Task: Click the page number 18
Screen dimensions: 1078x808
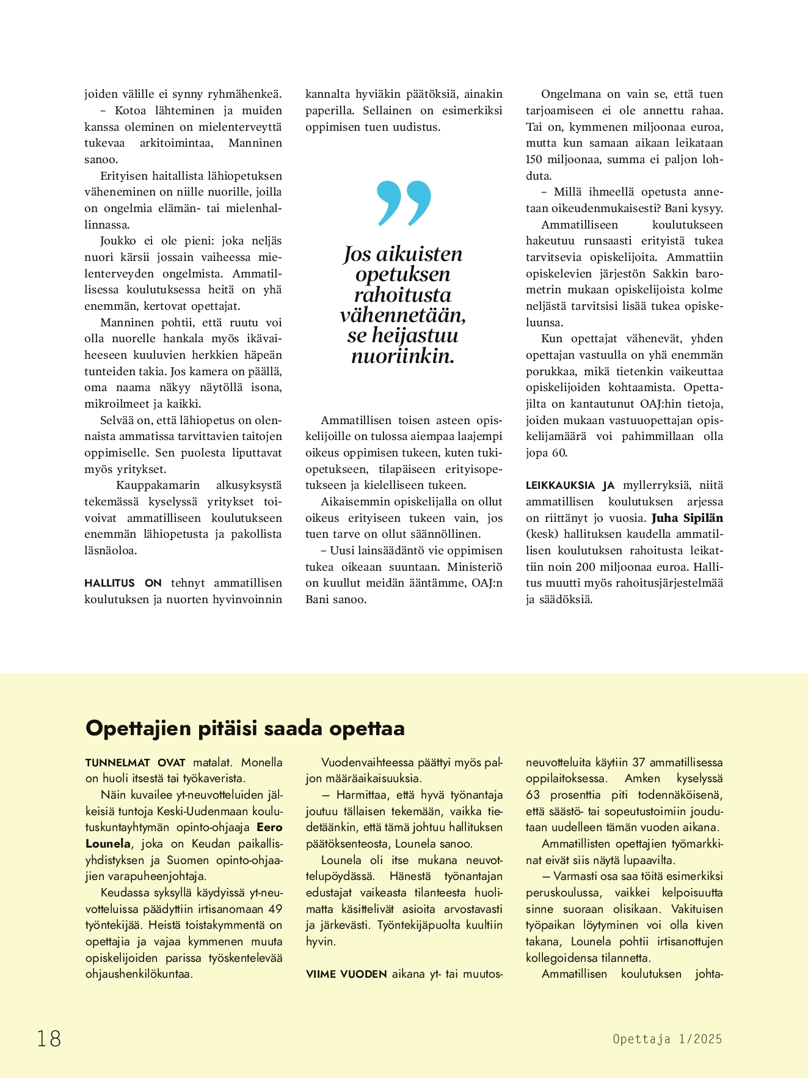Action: pyautogui.click(x=49, y=1038)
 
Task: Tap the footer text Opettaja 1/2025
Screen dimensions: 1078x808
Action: pyautogui.click(x=667, y=1039)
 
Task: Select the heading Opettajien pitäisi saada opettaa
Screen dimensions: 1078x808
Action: pyautogui.click(x=245, y=728)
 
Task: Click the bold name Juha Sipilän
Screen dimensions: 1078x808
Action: pyautogui.click(x=687, y=518)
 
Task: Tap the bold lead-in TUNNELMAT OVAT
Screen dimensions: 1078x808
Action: pyautogui.click(x=136, y=762)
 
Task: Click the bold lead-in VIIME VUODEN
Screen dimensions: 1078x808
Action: pyautogui.click(x=346, y=974)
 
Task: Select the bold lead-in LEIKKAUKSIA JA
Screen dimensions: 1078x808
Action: pyautogui.click(x=570, y=485)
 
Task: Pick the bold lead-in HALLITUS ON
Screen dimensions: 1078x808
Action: pyautogui.click(x=123, y=583)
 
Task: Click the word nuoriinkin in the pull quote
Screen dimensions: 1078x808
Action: pyautogui.click(x=403, y=356)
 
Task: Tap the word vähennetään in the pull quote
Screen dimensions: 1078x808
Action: pyautogui.click(x=403, y=315)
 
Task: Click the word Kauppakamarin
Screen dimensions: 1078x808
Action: pyautogui.click(x=158, y=485)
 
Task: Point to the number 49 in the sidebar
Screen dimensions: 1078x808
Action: pyautogui.click(x=275, y=909)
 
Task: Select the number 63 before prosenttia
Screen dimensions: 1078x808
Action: pyautogui.click(x=533, y=794)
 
